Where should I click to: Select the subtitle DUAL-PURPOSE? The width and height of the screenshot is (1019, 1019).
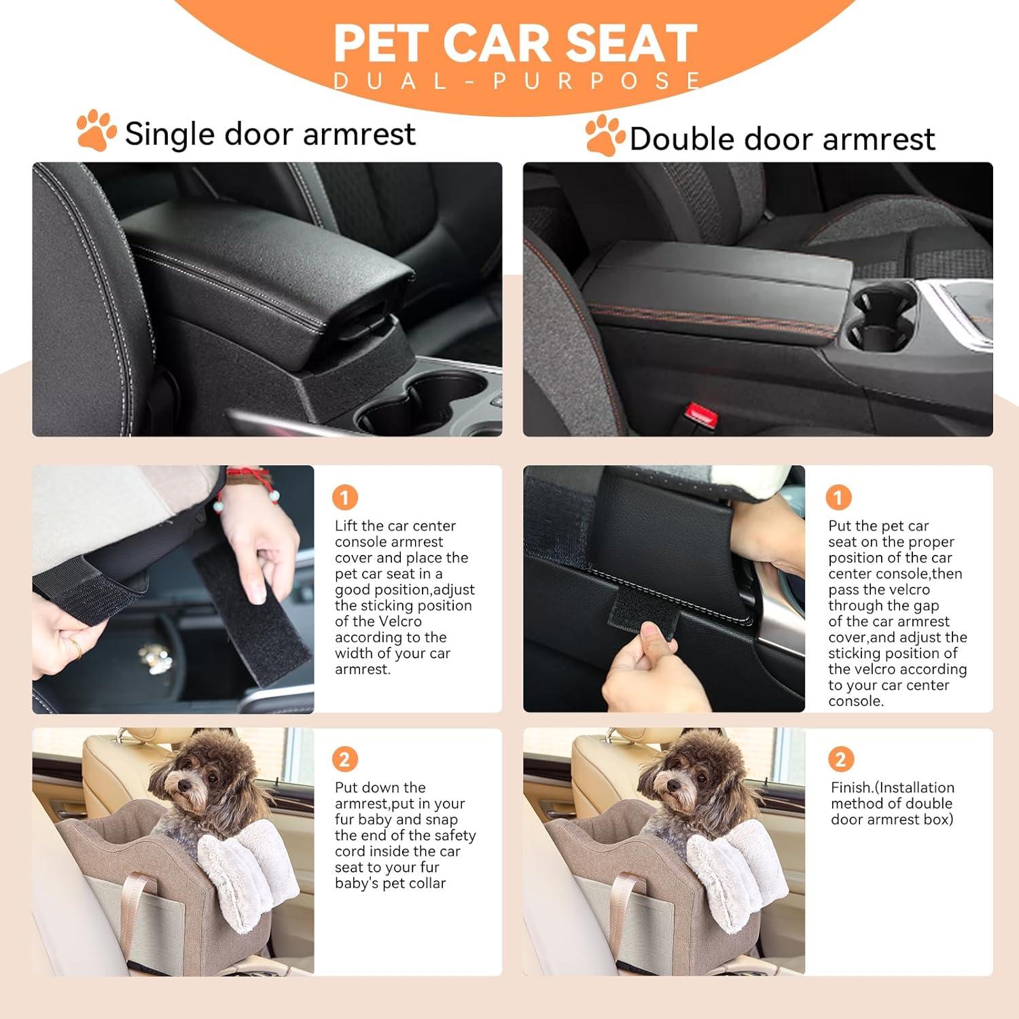pyautogui.click(x=516, y=82)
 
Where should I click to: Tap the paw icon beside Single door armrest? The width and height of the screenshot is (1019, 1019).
pyautogui.click(x=96, y=130)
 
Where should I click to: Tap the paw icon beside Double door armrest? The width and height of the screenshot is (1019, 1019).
pyautogui.click(x=605, y=135)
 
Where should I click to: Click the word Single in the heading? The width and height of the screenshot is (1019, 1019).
pyautogui.click(x=169, y=133)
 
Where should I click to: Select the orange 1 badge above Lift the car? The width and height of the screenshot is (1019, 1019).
pyautogui.click(x=344, y=498)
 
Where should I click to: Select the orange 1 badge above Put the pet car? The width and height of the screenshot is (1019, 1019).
pyautogui.click(x=838, y=498)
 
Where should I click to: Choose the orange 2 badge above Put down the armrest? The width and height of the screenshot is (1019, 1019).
pyautogui.click(x=344, y=759)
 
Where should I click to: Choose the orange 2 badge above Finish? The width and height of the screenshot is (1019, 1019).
pyautogui.click(x=840, y=759)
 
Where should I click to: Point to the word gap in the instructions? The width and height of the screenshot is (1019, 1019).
pyautogui.click(x=926, y=605)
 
